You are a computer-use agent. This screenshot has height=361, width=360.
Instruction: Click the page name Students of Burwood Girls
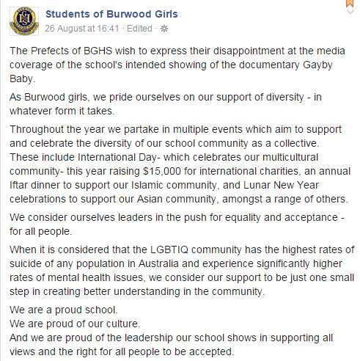point(111,15)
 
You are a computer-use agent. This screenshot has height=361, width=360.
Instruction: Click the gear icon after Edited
point(163,29)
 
